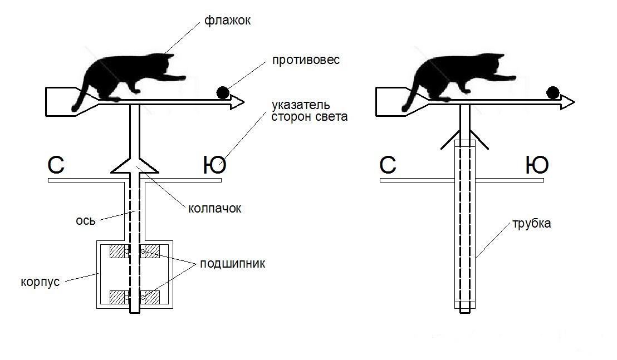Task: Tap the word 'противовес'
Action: (x=306, y=60)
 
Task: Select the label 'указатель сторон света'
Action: (x=309, y=111)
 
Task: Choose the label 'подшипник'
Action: (x=232, y=264)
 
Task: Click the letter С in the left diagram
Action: (x=57, y=165)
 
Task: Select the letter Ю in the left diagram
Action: (x=214, y=165)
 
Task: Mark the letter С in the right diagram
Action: (x=388, y=165)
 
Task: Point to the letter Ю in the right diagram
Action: (x=537, y=165)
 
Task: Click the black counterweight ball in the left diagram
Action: (x=223, y=92)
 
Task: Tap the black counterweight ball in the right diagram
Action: (x=552, y=92)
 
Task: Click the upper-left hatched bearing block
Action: (x=117, y=251)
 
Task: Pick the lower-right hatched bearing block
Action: (x=150, y=297)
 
